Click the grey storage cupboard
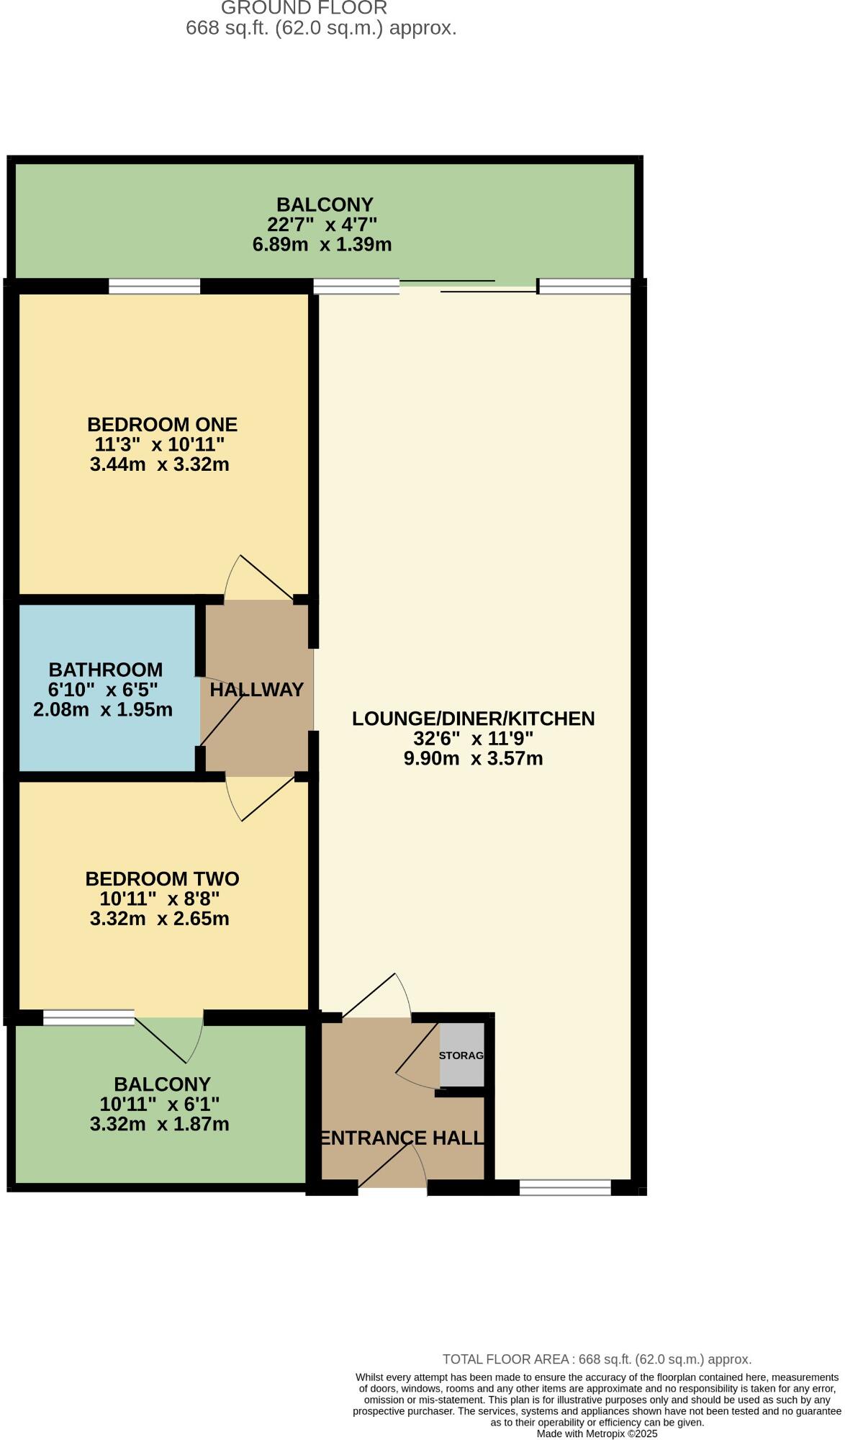(461, 1055)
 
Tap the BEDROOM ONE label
(162, 424)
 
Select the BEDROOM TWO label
(162, 878)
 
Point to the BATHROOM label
(106, 670)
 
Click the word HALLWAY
(256, 690)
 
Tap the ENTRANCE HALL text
(402, 1138)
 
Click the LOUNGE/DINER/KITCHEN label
(473, 719)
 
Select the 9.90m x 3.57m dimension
(473, 758)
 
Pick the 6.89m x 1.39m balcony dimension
(322, 245)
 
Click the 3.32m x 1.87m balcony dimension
(160, 1124)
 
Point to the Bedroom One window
(154, 287)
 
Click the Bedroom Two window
(89, 1017)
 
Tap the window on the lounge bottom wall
(565, 1188)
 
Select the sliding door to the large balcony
(468, 286)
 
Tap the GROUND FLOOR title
(304, 8)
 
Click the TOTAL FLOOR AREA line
(597, 1359)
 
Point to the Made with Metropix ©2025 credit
(597, 1434)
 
